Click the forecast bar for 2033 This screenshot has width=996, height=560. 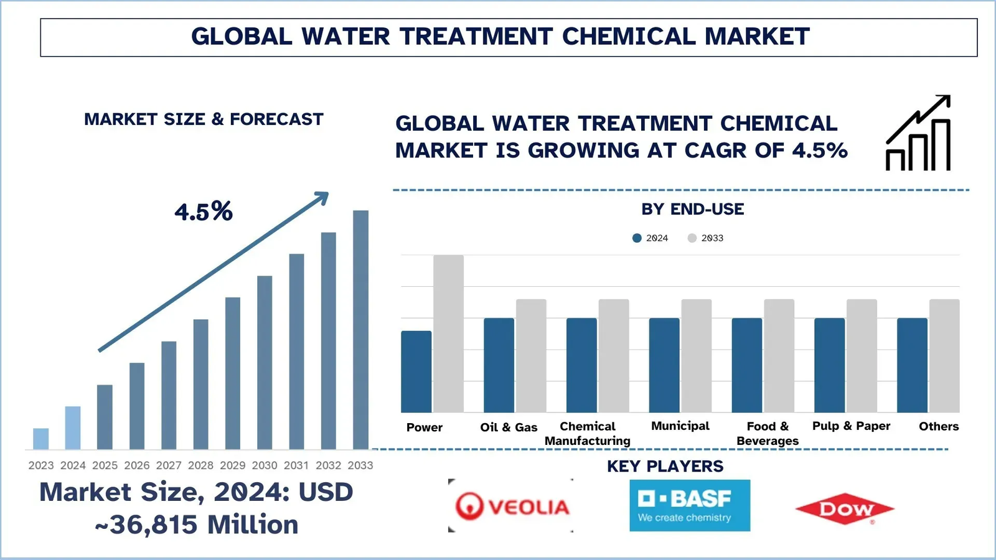click(x=360, y=330)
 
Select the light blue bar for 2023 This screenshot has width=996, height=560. click(x=41, y=439)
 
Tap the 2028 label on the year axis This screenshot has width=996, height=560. click(x=200, y=465)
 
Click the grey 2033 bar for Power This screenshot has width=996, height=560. click(x=448, y=334)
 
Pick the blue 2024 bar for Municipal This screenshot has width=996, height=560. click(x=664, y=365)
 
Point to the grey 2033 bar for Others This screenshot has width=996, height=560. click(x=944, y=356)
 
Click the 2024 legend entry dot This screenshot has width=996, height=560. click(x=637, y=238)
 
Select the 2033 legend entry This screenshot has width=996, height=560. click(x=706, y=238)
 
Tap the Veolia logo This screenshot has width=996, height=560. click(x=511, y=506)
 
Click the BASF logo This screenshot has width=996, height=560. click(x=689, y=505)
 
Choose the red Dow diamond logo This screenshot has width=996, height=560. click(x=845, y=510)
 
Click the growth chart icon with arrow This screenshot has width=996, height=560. click(x=919, y=133)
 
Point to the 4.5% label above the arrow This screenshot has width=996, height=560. click(x=203, y=212)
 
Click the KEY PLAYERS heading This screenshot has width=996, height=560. click(x=665, y=466)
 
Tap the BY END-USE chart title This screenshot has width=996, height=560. click(x=692, y=209)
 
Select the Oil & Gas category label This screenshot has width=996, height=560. click(x=509, y=427)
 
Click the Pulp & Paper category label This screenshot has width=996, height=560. click(x=851, y=426)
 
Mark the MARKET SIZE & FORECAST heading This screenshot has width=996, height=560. click(x=204, y=119)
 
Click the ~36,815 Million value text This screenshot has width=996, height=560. click(x=197, y=525)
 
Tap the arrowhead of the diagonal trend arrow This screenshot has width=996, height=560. click(x=322, y=198)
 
